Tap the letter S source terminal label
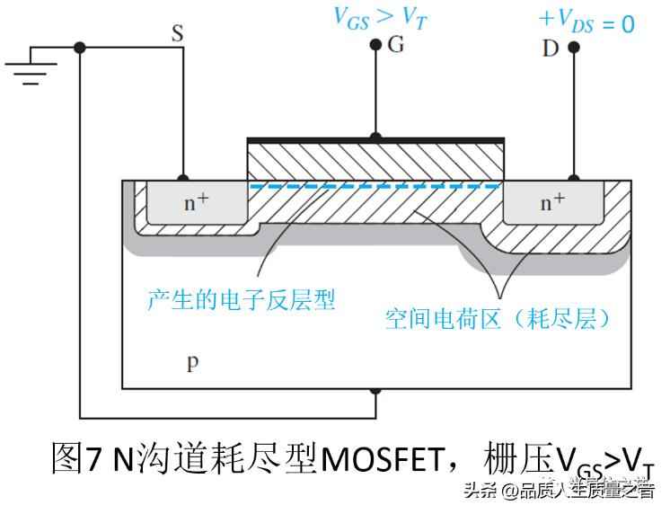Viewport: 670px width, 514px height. [178, 34]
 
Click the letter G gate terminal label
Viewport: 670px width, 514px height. [396, 45]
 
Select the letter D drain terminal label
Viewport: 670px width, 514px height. [550, 47]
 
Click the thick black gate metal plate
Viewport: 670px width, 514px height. [375, 140]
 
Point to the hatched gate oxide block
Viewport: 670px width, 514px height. [375, 162]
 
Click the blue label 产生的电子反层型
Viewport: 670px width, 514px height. [241, 300]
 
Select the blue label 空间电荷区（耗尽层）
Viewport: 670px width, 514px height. [498, 319]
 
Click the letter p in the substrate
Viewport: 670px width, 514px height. [191, 363]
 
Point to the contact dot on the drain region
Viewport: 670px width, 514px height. [573, 180]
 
